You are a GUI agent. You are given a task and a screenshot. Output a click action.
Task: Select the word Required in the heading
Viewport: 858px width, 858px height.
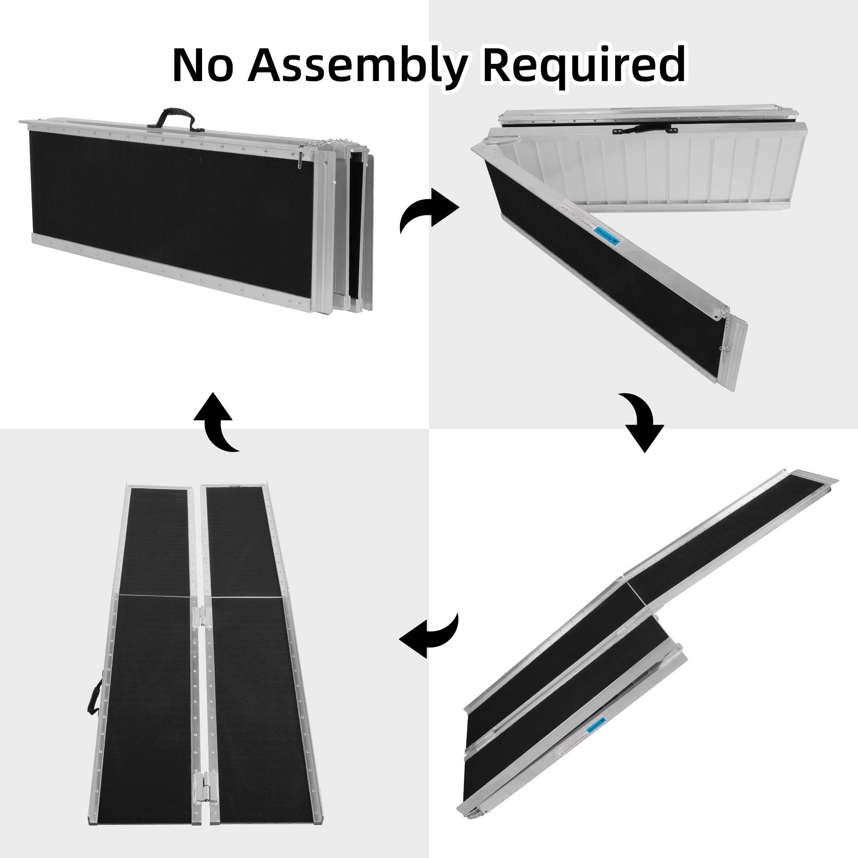click(583, 66)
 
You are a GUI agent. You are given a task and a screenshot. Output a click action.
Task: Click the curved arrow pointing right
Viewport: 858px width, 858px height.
click(429, 210)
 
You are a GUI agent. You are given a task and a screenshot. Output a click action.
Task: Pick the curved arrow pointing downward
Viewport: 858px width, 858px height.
click(643, 422)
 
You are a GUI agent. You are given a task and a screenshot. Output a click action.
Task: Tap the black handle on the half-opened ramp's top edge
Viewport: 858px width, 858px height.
click(644, 130)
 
